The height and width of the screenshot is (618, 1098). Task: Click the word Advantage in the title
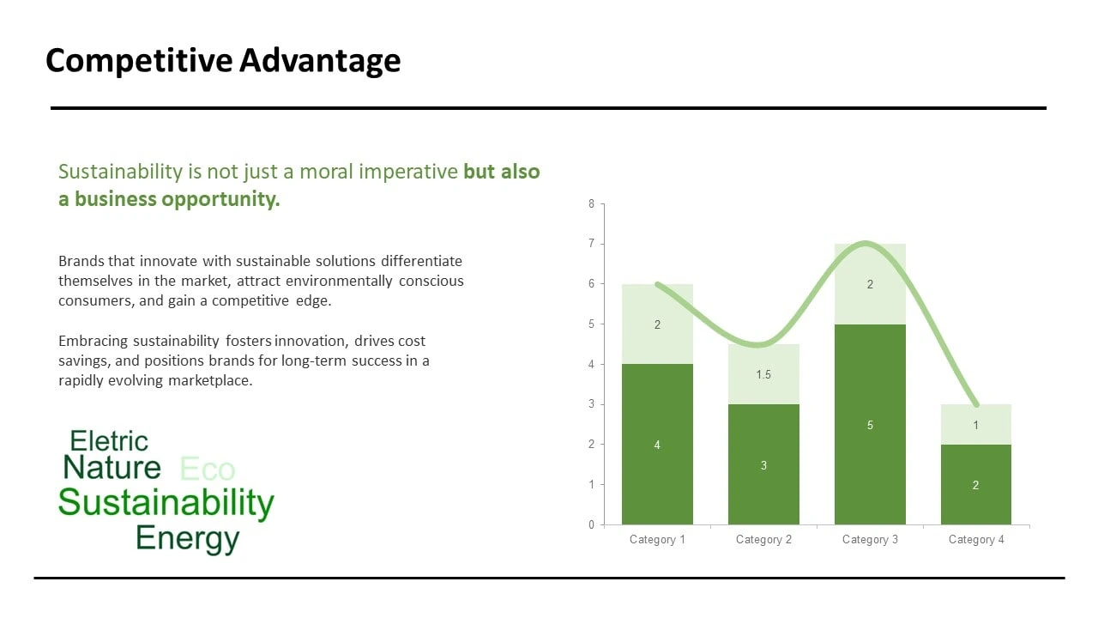320,61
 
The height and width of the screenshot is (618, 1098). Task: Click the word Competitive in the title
139,61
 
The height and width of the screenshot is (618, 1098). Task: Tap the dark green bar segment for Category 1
657,445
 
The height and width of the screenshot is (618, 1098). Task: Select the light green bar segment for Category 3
870,284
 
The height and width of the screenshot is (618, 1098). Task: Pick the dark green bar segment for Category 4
976,485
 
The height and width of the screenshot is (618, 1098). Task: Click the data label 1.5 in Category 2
763,375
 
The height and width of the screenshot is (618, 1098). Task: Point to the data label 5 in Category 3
870,425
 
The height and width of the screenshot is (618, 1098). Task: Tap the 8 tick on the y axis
592,203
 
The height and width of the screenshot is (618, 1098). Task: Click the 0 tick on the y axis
592,524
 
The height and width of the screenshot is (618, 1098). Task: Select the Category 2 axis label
763,540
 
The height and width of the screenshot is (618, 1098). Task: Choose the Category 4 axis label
976,540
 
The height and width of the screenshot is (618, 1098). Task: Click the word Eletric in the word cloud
109,441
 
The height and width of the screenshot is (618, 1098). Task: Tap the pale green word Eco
208,469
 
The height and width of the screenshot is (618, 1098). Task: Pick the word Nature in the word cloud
112,467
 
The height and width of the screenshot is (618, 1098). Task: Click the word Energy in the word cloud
188,538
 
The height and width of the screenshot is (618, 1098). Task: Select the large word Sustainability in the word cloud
166,503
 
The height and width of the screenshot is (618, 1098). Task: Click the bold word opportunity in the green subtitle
220,200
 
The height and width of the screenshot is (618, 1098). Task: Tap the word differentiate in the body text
421,261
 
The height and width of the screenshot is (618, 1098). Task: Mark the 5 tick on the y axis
592,324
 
